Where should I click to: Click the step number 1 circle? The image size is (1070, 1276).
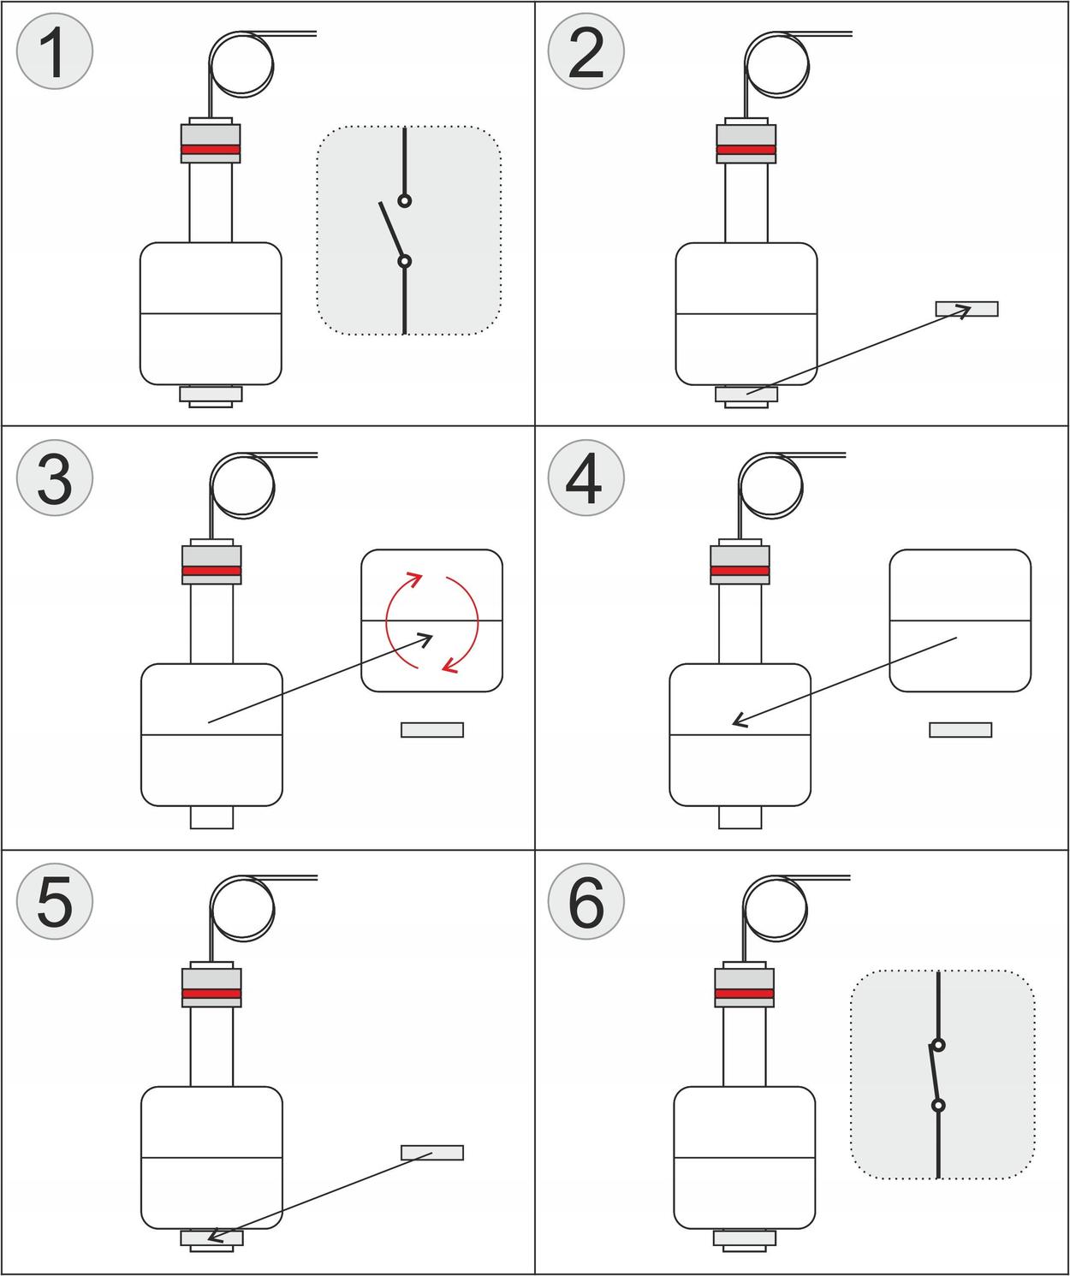click(x=55, y=52)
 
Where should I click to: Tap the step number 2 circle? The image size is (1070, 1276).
click(x=586, y=52)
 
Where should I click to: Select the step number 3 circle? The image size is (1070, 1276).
click(x=55, y=478)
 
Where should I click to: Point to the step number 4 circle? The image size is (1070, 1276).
click(x=586, y=478)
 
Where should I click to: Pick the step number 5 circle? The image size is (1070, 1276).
click(x=55, y=901)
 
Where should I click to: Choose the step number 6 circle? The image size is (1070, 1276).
click(x=586, y=901)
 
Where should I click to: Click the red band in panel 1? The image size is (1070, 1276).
click(x=211, y=150)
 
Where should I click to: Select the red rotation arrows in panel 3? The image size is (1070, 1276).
click(x=432, y=621)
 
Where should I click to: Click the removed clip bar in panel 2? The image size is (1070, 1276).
click(x=966, y=309)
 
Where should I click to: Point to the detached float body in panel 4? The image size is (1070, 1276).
click(x=960, y=620)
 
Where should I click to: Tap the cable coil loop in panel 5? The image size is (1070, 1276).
click(x=243, y=909)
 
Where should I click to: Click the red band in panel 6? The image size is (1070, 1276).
click(x=745, y=994)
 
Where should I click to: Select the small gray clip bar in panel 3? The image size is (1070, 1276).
click(x=432, y=730)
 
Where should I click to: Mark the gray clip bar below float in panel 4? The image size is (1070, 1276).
click(x=960, y=730)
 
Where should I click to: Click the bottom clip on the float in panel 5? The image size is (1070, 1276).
click(x=211, y=1238)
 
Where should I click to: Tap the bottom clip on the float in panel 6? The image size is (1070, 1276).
click(x=745, y=1238)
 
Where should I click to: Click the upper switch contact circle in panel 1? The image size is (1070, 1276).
click(x=405, y=200)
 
